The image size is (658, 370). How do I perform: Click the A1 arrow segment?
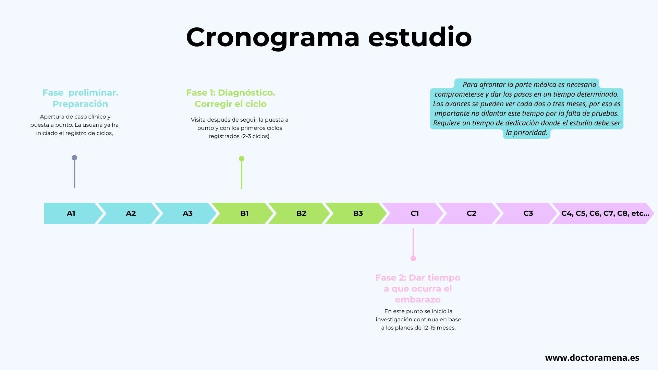tap(71, 213)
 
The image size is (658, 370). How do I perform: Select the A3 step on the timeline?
tap(187, 213)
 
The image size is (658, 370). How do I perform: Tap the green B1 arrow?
tap(244, 213)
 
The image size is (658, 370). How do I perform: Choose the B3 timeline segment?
tap(357, 213)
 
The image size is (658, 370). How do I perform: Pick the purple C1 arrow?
tap(414, 213)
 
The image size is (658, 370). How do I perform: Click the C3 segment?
tap(528, 213)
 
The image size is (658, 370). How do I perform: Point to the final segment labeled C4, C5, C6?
tap(605, 213)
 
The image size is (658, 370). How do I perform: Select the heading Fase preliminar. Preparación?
tap(80, 98)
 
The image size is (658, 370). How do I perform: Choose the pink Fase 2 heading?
tap(417, 288)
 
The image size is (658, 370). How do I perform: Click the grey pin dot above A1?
tap(74, 158)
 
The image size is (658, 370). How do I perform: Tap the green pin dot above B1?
tap(242, 159)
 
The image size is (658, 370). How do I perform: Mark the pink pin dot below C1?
tap(413, 258)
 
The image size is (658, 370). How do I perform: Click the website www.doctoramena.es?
tap(592, 358)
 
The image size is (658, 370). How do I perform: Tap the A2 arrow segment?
tap(131, 213)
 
